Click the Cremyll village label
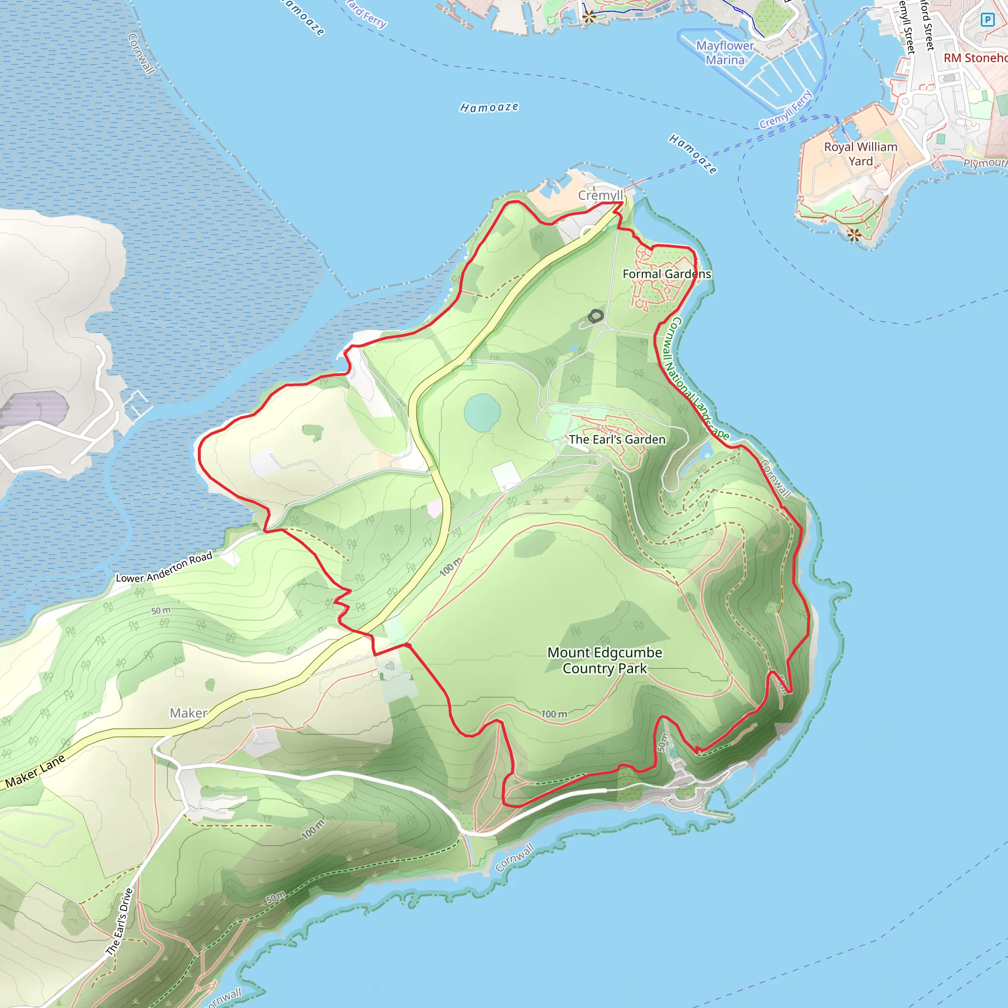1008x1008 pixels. click(600, 195)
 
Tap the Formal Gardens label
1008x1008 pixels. click(666, 274)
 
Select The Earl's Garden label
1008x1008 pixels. click(617, 440)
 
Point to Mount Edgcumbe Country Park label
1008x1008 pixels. click(604, 660)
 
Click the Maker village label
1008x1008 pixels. click(189, 713)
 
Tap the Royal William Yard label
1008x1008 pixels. click(860, 154)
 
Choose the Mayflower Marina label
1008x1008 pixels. click(724, 53)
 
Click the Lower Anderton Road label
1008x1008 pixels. click(164, 567)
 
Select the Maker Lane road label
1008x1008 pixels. click(35, 771)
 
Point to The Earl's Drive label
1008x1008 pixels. click(120, 921)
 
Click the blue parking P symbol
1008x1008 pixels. click(987, 20)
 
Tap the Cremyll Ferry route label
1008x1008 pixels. click(785, 110)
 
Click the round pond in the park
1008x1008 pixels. click(482, 412)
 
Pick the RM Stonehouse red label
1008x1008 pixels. click(975, 58)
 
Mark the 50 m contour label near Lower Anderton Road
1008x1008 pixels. click(160, 610)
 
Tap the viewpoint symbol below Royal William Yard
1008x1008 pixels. click(854, 235)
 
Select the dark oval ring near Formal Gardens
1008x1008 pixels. click(596, 315)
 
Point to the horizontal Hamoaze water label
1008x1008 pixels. click(489, 107)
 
